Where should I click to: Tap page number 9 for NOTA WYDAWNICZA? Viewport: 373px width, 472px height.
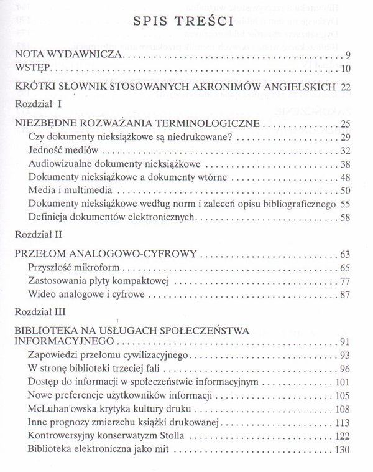click(x=351, y=55)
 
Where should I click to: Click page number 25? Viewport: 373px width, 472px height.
click(x=348, y=123)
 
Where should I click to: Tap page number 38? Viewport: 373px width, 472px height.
click(x=348, y=164)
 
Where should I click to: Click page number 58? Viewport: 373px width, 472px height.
click(x=348, y=217)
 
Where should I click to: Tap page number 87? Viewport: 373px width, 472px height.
click(x=348, y=295)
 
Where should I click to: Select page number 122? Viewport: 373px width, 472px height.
click(x=345, y=436)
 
